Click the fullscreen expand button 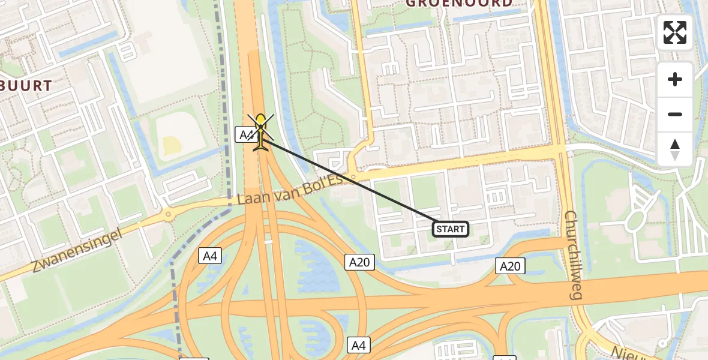click(x=675, y=32)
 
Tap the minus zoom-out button click(x=675, y=114)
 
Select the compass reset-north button click(x=675, y=149)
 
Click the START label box click(x=451, y=229)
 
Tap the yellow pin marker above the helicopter click(x=260, y=122)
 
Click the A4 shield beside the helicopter click(x=245, y=134)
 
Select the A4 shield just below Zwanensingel click(x=210, y=256)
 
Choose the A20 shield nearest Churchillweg click(x=510, y=266)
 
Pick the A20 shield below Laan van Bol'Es click(x=359, y=262)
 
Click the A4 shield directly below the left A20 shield click(x=358, y=345)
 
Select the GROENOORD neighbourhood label click(x=459, y=4)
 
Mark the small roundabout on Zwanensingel click(x=167, y=214)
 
